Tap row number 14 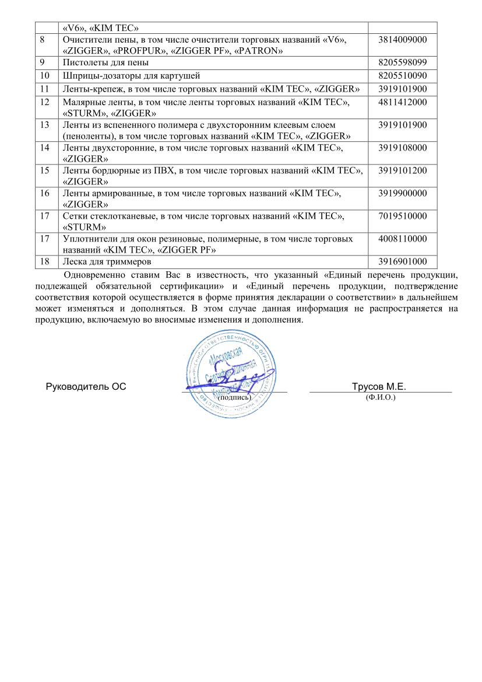pos(44,148)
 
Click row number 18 pos(44,262)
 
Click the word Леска pos(75,262)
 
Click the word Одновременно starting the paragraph pos(96,274)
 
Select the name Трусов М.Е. pos(379,387)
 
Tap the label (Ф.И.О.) pos(380,397)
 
